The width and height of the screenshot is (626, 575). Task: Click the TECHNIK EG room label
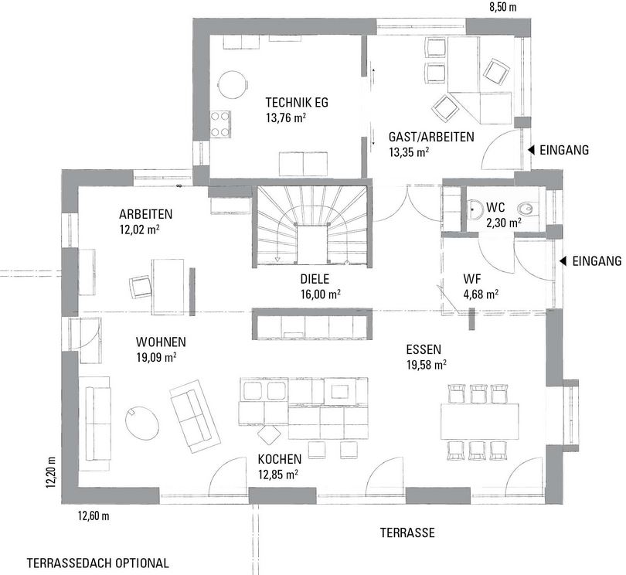[297, 103]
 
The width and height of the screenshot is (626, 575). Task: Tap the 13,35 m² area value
[409, 152]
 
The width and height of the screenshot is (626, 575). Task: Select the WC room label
[495, 208]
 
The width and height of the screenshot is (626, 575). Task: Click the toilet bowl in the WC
[527, 209]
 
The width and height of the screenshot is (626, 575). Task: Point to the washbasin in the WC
[475, 209]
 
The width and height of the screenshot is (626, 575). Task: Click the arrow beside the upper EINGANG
[531, 150]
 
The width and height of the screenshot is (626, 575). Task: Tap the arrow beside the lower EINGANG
[563, 261]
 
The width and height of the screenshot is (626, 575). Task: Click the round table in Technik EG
[233, 86]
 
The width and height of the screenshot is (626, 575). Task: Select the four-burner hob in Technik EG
[220, 124]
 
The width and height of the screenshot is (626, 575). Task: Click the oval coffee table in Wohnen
[142, 423]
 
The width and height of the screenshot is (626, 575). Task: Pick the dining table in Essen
[479, 421]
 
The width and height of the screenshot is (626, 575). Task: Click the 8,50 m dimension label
[502, 7]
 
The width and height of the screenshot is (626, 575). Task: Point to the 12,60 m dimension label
[94, 516]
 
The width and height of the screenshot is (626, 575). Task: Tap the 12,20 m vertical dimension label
[50, 472]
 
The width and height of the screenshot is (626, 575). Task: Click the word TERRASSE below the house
[407, 532]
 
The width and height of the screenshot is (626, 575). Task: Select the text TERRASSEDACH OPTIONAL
[98, 563]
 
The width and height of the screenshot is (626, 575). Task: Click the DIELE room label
[315, 279]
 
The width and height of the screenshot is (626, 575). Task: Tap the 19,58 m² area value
[427, 365]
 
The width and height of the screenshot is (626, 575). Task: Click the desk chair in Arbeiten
[141, 287]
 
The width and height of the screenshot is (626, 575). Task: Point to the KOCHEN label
[280, 459]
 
